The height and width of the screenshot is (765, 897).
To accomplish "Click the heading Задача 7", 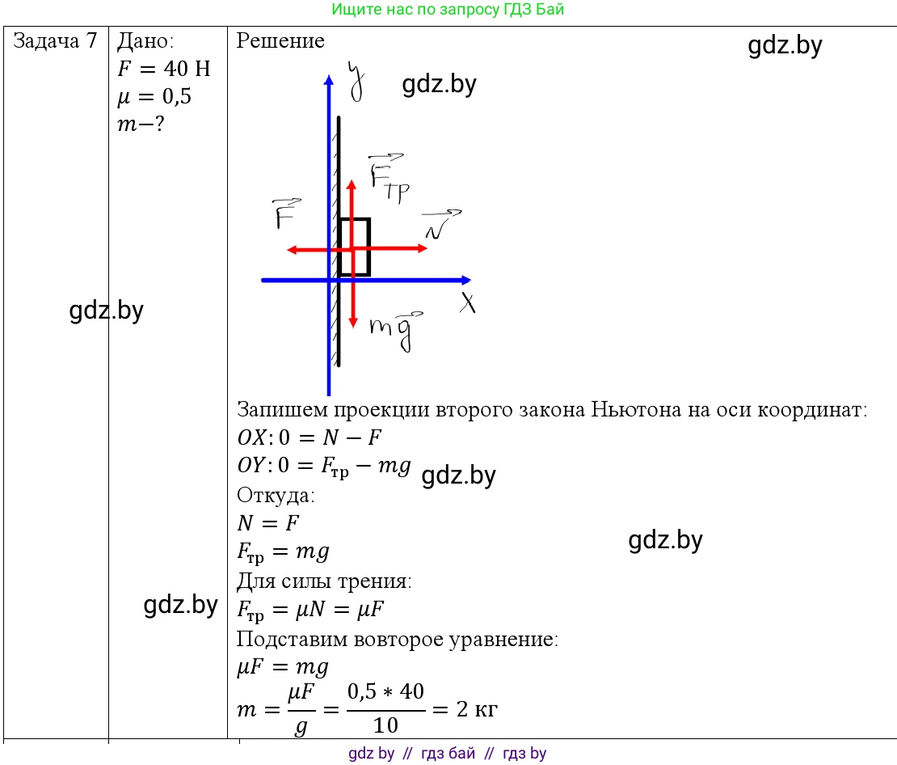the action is click(55, 40).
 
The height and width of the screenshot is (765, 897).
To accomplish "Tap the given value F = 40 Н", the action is click(163, 69).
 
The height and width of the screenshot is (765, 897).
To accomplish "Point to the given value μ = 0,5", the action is click(154, 96).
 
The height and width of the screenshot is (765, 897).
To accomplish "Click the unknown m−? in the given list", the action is click(141, 124).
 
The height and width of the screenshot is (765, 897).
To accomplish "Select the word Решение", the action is click(280, 40).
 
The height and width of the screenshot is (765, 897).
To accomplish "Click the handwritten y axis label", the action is click(356, 82).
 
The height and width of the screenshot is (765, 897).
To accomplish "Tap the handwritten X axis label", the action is click(468, 302).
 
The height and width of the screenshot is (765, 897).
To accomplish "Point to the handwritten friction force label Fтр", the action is click(389, 178).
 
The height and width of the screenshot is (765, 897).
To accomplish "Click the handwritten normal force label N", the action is click(442, 225).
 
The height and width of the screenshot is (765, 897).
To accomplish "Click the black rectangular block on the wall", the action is click(353, 247).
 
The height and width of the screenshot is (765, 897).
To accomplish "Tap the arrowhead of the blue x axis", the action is click(467, 280).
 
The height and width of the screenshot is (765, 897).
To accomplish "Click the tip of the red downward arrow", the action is click(353, 328).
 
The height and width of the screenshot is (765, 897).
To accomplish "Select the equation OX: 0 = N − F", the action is click(310, 437).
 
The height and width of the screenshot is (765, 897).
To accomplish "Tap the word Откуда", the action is click(276, 495).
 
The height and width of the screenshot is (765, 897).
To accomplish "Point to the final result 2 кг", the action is click(477, 709).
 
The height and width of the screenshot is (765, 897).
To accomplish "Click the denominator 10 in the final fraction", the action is click(385, 725).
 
